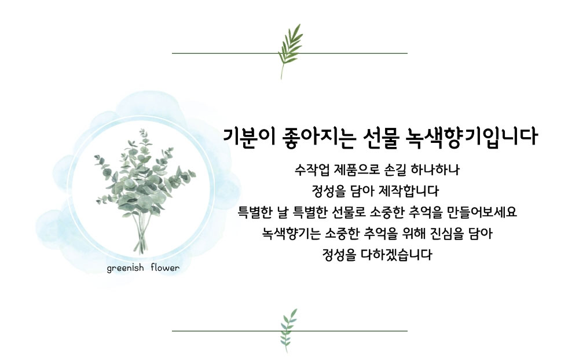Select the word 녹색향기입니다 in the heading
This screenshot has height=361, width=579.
(471, 137)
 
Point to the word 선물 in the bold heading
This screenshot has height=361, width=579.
(381, 137)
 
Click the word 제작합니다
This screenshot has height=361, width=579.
(412, 191)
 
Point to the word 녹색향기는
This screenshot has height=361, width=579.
(291, 233)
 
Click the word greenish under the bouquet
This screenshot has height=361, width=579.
(125, 268)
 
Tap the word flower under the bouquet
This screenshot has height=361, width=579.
(165, 268)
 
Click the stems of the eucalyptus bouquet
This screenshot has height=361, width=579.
(140, 233)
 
